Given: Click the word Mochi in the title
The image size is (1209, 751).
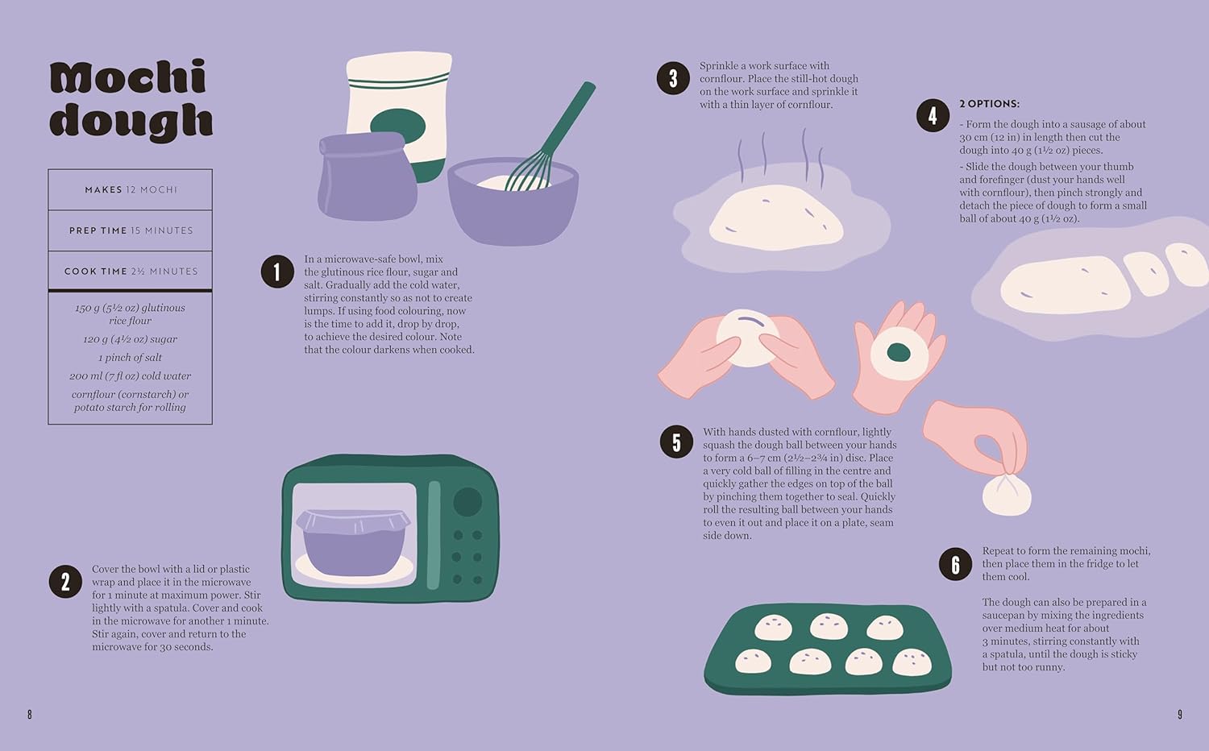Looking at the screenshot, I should pos(128,78).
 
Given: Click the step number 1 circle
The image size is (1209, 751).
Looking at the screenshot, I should pos(276,272).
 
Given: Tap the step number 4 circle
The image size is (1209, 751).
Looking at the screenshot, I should pos(933,116).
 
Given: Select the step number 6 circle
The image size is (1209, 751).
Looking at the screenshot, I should pos(955,564).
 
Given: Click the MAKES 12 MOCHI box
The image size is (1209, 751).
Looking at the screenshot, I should pos(131,190).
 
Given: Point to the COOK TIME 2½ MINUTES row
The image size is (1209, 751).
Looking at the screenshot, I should pos(131,272).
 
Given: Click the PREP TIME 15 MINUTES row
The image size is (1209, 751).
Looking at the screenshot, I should pos(131,230).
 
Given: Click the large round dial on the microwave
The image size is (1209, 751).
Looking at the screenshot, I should pos(467,501).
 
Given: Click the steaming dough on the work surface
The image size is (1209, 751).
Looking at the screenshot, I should pos(775,215).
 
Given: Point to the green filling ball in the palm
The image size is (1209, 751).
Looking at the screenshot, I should pos(899,352).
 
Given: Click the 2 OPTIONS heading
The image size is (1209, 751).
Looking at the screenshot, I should pos(989,104).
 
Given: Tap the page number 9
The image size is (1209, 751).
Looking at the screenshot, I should pos(1180,714).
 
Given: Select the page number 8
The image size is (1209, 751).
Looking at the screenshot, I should pos(30,714).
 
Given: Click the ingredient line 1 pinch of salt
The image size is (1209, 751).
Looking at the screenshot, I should pos(131,358).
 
